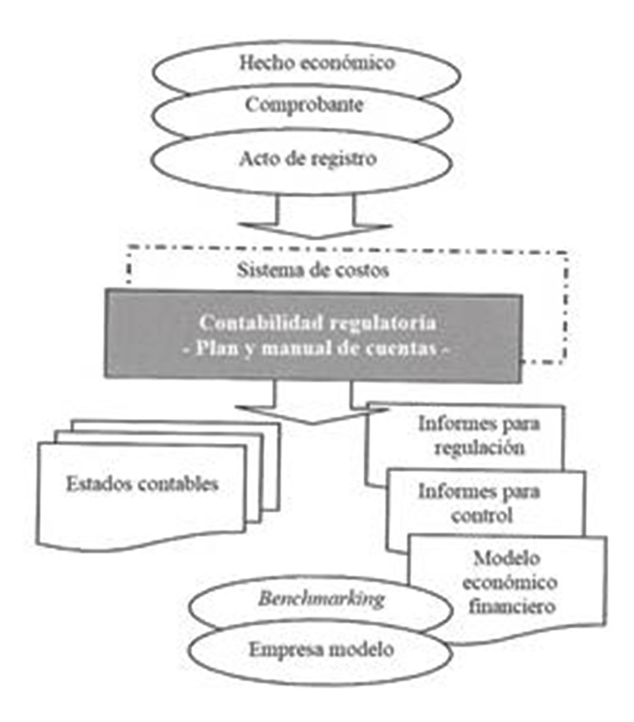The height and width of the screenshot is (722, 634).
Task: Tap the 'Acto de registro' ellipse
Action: [x=317, y=160]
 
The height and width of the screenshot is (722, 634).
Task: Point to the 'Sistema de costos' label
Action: [x=312, y=270]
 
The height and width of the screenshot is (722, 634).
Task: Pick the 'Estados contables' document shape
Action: [x=141, y=485]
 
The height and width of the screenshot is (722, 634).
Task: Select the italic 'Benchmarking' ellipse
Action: [x=322, y=600]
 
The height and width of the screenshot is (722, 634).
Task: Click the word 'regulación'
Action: [x=479, y=447]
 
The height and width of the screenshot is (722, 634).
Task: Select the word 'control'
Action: [x=482, y=515]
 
